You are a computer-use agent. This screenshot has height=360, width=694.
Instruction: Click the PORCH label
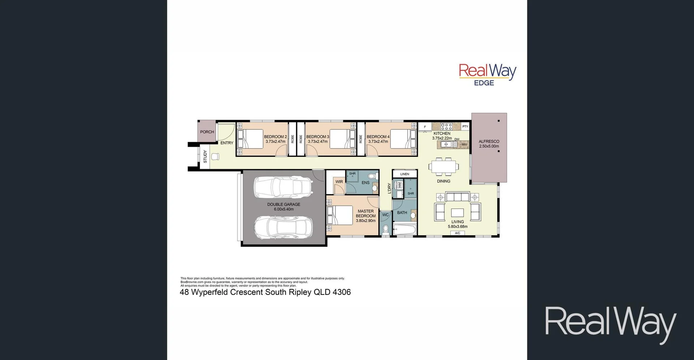coord(207,132)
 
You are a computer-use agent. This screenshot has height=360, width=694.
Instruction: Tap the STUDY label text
coord(205,156)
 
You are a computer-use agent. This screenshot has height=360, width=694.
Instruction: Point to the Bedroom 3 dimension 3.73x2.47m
coord(318,142)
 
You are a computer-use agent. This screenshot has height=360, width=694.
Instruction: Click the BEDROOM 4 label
coord(378,137)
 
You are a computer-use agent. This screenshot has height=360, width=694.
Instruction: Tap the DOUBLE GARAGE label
coord(284,204)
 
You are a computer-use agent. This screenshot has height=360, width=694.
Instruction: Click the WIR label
coord(339,182)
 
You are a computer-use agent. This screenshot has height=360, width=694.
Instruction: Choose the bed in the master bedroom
coord(340,215)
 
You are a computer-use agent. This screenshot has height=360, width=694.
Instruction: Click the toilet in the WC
coord(386,229)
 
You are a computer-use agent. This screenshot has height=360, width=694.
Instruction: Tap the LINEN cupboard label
coord(404,174)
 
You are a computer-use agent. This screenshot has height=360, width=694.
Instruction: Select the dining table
coord(444,167)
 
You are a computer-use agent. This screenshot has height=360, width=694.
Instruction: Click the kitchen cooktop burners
coord(446,127)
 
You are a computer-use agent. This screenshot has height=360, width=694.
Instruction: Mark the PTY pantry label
coord(465,127)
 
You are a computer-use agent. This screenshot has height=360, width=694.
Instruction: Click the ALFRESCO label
coord(489,142)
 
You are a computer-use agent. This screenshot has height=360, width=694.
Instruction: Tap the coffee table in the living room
coord(457,212)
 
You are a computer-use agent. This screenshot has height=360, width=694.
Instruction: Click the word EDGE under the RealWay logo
coord(484,83)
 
